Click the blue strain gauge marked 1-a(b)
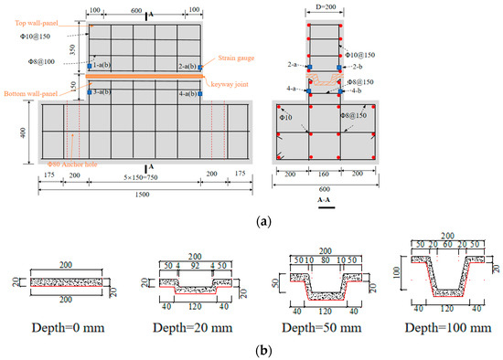[x=89, y=66]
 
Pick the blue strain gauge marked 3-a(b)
[x=89, y=92]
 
